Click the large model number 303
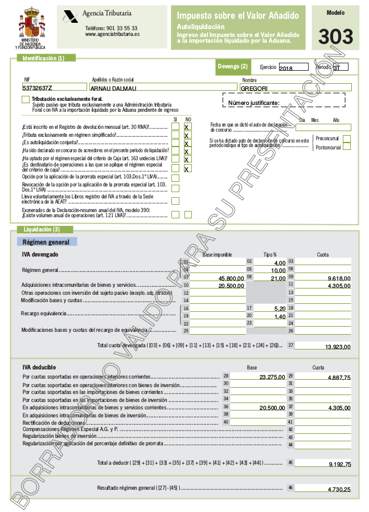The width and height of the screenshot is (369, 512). click(x=335, y=36)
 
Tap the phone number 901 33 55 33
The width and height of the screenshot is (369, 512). click(x=111, y=27)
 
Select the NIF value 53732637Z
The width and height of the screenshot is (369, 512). click(x=38, y=88)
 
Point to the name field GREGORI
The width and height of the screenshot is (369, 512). click(x=254, y=88)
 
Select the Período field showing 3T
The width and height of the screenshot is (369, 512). click(x=340, y=67)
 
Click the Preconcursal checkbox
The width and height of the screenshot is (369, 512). click(x=347, y=139)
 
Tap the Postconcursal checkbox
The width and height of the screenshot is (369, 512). click(x=347, y=147)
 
